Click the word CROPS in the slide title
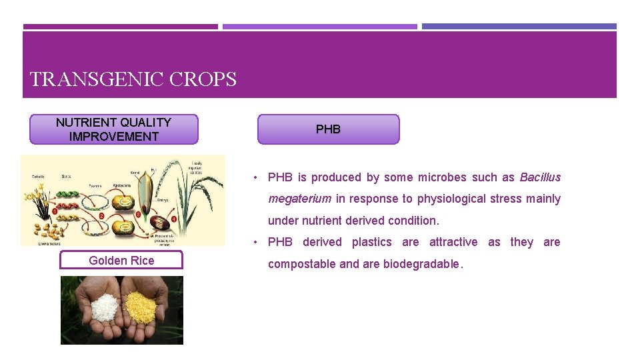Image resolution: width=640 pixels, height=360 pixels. tap(203, 80)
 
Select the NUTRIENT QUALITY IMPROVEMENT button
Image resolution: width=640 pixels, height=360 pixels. tap(114, 129)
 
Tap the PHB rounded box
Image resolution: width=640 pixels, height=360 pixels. tap(328, 129)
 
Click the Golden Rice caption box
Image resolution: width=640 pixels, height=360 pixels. tap(121, 261)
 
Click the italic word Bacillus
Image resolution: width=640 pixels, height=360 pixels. tap(540, 177)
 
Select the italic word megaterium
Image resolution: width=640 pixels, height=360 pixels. tap(299, 199)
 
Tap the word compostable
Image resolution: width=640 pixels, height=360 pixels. tap(301, 264)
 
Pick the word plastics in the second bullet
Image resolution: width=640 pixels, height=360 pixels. tap(371, 242)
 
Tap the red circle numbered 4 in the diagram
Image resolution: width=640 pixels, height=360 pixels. tap(175, 218)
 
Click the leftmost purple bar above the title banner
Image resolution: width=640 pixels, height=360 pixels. tap(120, 27)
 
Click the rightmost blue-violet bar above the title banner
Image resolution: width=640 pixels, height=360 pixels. tap(519, 27)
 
